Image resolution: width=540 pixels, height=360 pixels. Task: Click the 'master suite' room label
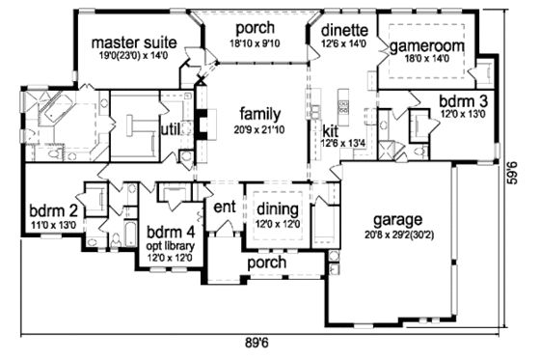(133, 42)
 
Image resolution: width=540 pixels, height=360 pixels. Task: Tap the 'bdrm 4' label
(170, 233)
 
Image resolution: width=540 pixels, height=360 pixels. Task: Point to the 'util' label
(171, 126)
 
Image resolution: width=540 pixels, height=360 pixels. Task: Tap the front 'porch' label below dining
(266, 262)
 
